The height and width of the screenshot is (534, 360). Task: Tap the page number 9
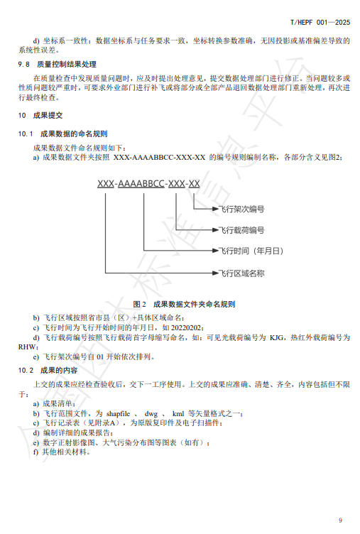tap(340, 520)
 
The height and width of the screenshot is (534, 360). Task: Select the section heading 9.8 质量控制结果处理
tap(57, 65)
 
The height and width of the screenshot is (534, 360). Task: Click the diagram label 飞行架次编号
tap(241, 209)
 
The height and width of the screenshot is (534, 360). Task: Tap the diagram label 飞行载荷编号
tap(241, 230)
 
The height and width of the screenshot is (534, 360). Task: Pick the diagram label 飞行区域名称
tap(241, 273)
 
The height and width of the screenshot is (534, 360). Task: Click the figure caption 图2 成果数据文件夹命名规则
tap(184, 304)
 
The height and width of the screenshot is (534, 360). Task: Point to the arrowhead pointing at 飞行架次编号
tap(215, 209)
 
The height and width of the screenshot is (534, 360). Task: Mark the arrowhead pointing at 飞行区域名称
tap(215, 273)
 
